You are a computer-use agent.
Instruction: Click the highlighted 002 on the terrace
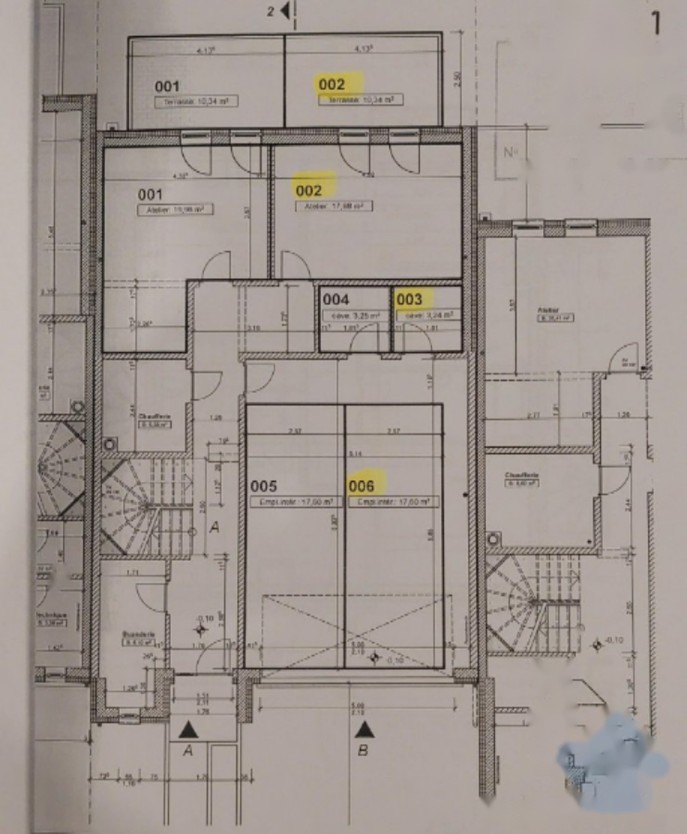(332, 84)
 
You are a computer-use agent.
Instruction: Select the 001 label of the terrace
(167, 87)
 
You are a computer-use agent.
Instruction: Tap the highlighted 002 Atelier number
(309, 190)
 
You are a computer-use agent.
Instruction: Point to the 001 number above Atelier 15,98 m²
(151, 195)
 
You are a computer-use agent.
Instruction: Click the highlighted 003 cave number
(409, 299)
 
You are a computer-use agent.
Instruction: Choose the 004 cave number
(336, 300)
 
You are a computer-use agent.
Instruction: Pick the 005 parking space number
(264, 485)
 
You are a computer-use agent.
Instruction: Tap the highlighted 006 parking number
(361, 485)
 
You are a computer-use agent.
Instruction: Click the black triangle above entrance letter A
(187, 728)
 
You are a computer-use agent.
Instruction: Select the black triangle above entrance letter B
(364, 728)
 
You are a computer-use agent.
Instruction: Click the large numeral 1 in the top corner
(656, 22)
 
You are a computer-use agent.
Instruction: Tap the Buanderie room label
(137, 636)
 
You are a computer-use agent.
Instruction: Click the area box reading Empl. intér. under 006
(391, 501)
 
